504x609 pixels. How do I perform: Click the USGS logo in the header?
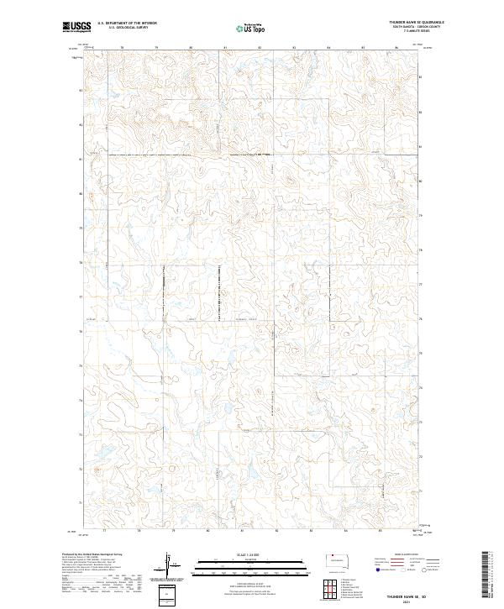coord(77,27)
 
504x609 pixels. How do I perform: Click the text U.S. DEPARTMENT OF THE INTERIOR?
coord(128,24)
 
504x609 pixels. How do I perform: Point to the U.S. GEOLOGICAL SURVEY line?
coord(128,28)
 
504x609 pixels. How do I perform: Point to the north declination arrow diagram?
coord(169,561)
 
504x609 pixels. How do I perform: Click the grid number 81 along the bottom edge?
coord(242,531)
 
